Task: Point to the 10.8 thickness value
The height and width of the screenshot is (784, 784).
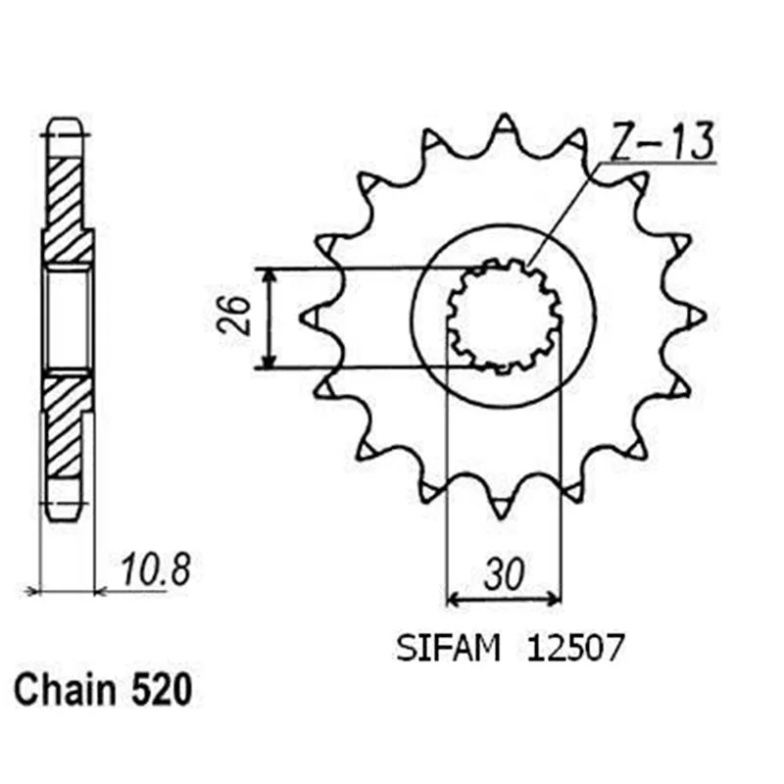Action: pyautogui.click(x=156, y=569)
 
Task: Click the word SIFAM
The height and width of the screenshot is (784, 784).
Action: pyautogui.click(x=449, y=649)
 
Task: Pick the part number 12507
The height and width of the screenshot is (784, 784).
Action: pyautogui.click(x=575, y=649)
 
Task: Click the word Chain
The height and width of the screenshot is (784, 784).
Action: pyautogui.click(x=65, y=690)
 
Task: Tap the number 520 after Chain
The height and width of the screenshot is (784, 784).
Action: pyautogui.click(x=162, y=690)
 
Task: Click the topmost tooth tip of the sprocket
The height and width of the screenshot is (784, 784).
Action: pyautogui.click(x=505, y=115)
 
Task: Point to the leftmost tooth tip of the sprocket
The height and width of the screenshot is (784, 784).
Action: pyautogui.click(x=302, y=317)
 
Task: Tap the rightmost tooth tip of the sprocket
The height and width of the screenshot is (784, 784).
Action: pyautogui.click(x=704, y=316)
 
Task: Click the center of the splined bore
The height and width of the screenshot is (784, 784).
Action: pyautogui.click(x=504, y=316)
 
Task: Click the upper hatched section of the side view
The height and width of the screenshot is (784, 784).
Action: pyautogui.click(x=67, y=209)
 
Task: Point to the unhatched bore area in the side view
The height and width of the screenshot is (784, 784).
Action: pyautogui.click(x=67, y=318)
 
